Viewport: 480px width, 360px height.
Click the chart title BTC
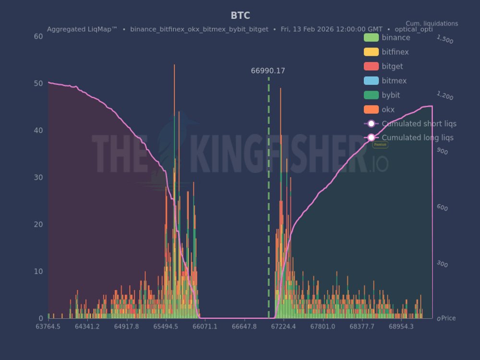[x=240, y=16]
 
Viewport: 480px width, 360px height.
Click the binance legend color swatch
[x=371, y=37]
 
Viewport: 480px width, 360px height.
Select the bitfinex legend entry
[x=395, y=52]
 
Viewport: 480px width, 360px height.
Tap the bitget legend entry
[x=392, y=66]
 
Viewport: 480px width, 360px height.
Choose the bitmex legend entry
[x=394, y=81]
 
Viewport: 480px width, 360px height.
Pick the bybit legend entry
[x=391, y=95]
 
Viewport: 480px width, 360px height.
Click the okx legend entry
[x=388, y=109]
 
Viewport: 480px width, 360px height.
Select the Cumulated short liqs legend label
[x=419, y=124]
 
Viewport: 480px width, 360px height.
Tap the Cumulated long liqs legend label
[x=418, y=138]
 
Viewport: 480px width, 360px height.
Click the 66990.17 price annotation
[x=268, y=71]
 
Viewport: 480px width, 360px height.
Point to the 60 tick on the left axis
[x=38, y=36]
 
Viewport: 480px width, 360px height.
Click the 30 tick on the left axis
[x=38, y=178]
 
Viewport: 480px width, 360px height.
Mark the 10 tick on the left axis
[x=38, y=272]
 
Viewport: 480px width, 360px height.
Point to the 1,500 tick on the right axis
[x=445, y=39]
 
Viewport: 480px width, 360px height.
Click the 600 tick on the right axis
[x=442, y=208]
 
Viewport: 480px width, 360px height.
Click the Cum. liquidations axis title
[x=432, y=24]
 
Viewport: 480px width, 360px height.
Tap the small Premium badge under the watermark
[x=380, y=144]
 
